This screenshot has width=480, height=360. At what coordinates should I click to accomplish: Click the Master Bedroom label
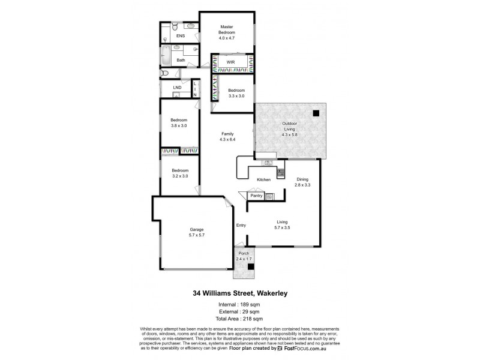pyautogui.click(x=227, y=30)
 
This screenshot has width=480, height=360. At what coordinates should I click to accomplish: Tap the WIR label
pyautogui.click(x=230, y=62)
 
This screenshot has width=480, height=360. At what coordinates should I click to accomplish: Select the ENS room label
pyautogui.click(x=180, y=36)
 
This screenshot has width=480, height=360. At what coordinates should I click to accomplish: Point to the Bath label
pyautogui.click(x=181, y=60)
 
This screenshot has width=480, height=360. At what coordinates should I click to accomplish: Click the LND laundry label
pyautogui.click(x=176, y=88)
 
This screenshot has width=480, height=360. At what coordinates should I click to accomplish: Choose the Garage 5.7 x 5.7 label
pyautogui.click(x=197, y=232)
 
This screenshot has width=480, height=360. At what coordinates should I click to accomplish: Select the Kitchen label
pyautogui.click(x=264, y=180)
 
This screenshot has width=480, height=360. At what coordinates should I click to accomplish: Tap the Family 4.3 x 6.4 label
pyautogui.click(x=227, y=136)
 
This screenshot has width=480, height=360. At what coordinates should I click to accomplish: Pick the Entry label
pyautogui.click(x=241, y=226)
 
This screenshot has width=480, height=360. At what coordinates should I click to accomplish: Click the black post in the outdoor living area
pyautogui.click(x=316, y=113)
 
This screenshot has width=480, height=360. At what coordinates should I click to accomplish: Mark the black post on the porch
pyautogui.click(x=251, y=266)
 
